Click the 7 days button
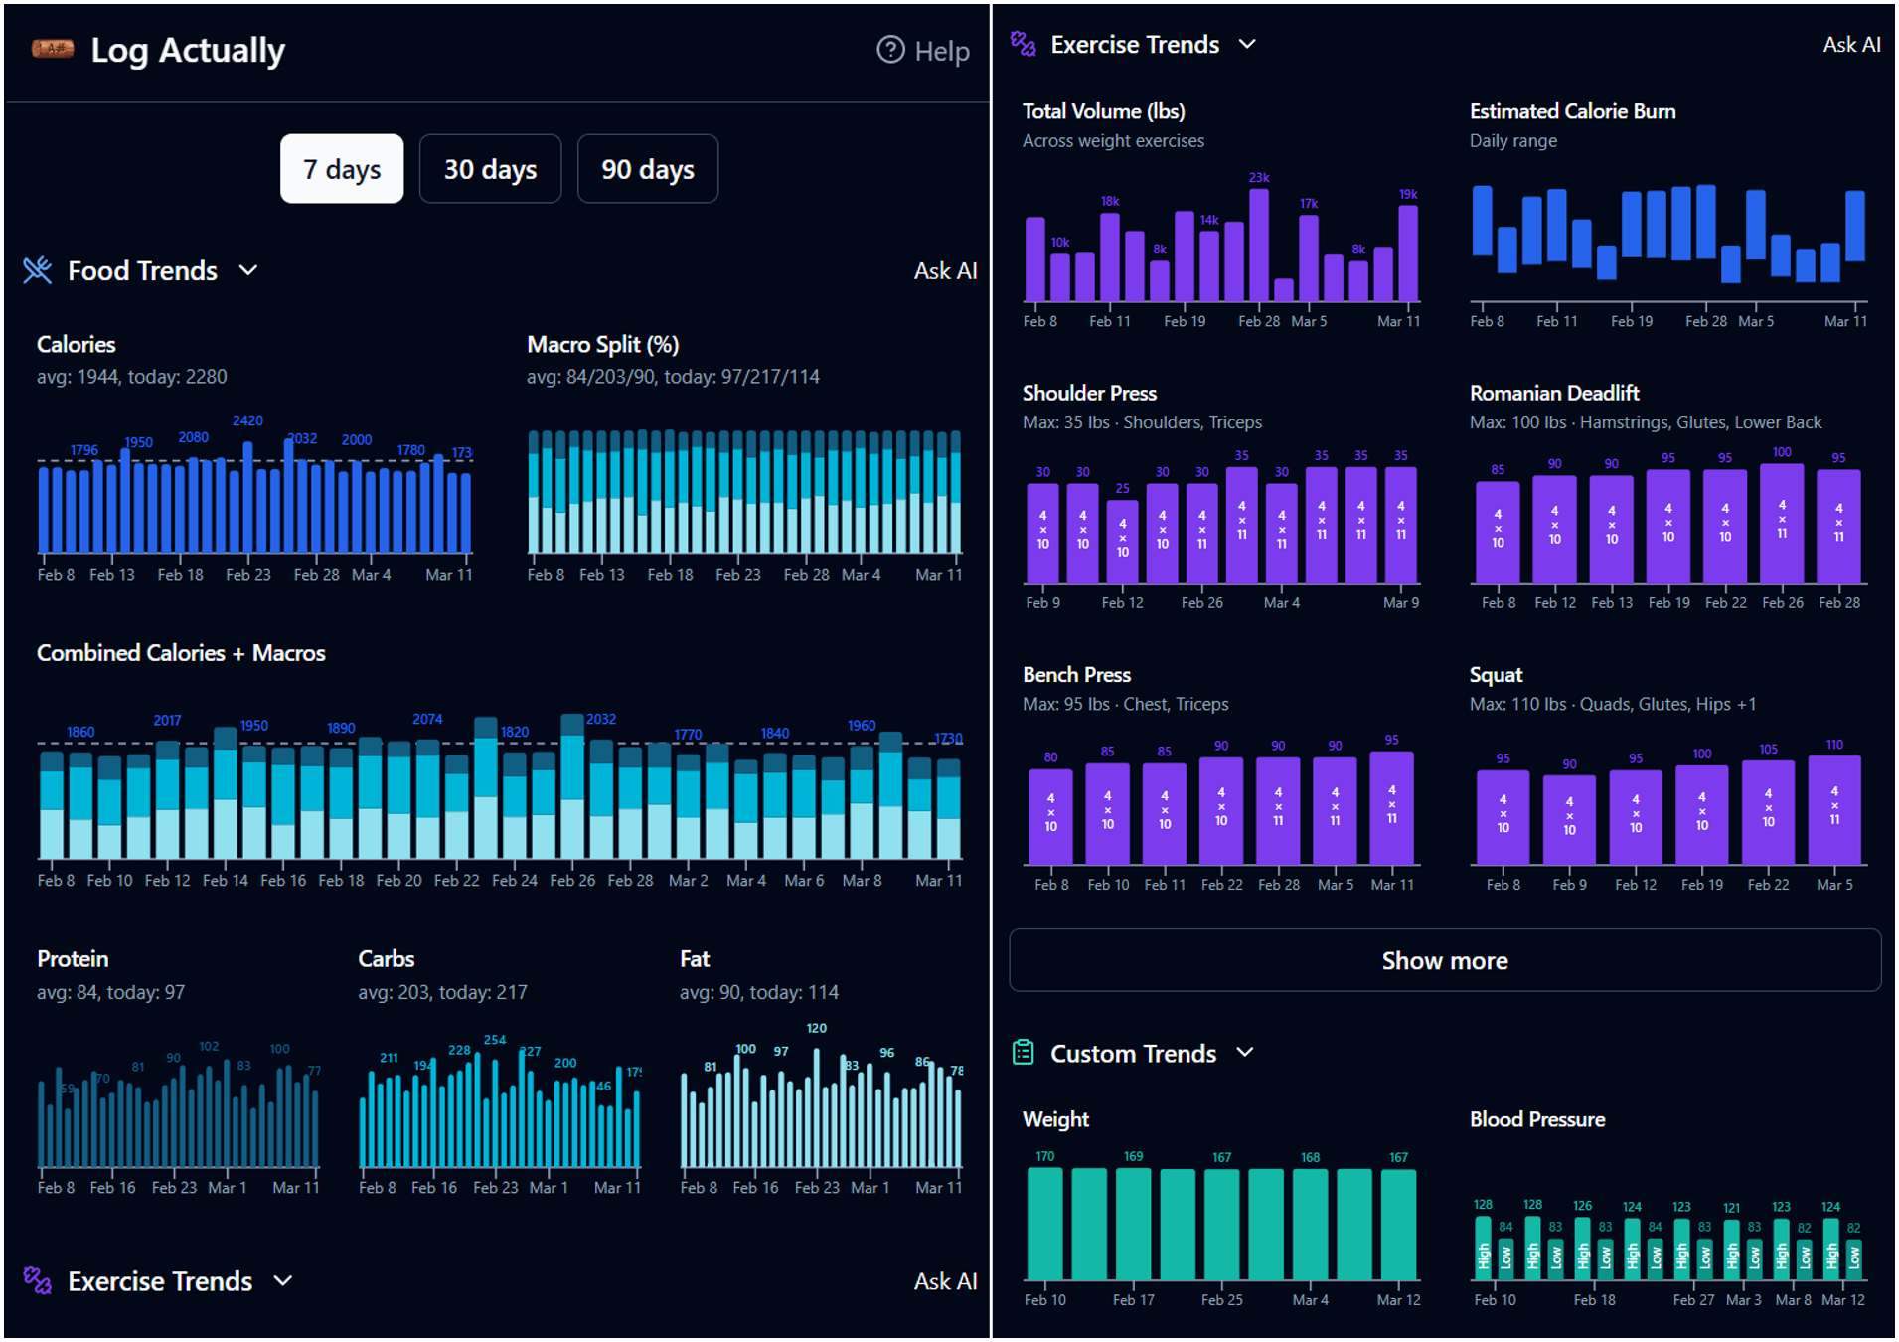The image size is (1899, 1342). click(342, 169)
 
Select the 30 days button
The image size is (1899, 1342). click(490, 169)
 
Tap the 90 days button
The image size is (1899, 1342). click(647, 169)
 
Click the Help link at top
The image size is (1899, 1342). click(923, 51)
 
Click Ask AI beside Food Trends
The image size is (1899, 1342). click(944, 271)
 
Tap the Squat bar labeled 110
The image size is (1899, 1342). click(1833, 810)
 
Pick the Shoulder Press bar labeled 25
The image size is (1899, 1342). click(1122, 543)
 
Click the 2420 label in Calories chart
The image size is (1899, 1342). click(247, 420)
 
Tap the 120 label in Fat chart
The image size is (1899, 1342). click(816, 1028)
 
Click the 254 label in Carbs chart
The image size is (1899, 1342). click(494, 1040)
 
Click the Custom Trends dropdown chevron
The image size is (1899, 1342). click(1245, 1053)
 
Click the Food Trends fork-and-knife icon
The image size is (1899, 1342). click(37, 270)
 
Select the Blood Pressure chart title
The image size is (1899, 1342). click(1536, 1119)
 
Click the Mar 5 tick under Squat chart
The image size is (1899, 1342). click(1833, 885)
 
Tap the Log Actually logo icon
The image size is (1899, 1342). click(52, 49)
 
